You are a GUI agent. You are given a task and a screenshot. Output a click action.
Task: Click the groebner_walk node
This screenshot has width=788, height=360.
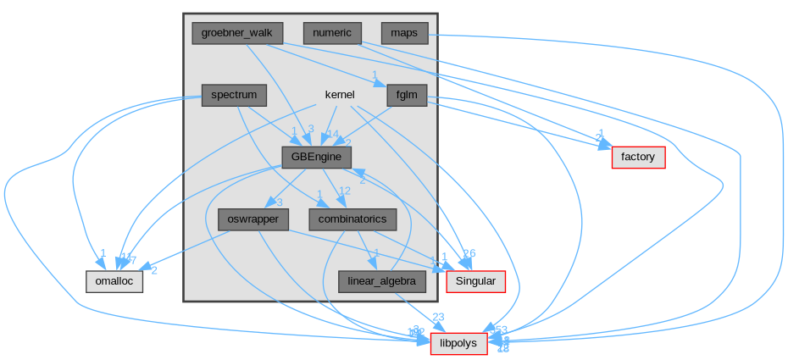pos(237,33)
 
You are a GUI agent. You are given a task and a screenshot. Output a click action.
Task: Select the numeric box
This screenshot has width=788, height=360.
pos(332,33)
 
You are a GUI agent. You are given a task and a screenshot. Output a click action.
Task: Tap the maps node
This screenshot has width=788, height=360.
pos(404,33)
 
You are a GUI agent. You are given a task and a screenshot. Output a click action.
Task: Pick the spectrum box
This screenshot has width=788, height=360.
pos(234,95)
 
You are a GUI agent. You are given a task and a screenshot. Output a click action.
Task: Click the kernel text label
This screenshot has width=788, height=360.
pos(340,95)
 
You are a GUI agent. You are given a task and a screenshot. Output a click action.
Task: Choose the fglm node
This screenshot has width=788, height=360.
pos(407,95)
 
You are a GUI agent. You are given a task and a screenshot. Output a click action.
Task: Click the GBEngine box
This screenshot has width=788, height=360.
pos(316,157)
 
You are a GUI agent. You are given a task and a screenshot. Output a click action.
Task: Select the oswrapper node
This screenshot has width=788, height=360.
pos(253,219)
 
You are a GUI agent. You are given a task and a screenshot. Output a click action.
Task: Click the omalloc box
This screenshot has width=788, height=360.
pos(114,281)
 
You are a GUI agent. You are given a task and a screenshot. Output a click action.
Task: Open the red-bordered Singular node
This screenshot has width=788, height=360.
pos(476,281)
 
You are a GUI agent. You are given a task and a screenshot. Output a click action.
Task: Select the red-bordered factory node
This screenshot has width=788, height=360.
pos(638,157)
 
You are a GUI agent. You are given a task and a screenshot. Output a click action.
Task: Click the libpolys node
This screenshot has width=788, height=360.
pos(458,343)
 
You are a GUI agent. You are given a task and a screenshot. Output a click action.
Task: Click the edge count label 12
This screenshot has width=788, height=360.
pos(345,191)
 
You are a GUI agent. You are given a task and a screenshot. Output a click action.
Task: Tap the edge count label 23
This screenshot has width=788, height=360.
pos(438,318)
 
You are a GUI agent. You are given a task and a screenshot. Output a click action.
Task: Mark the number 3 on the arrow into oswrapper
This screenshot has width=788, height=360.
pos(279,202)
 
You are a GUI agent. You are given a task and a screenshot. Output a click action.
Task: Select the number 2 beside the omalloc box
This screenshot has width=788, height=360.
pos(154,270)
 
